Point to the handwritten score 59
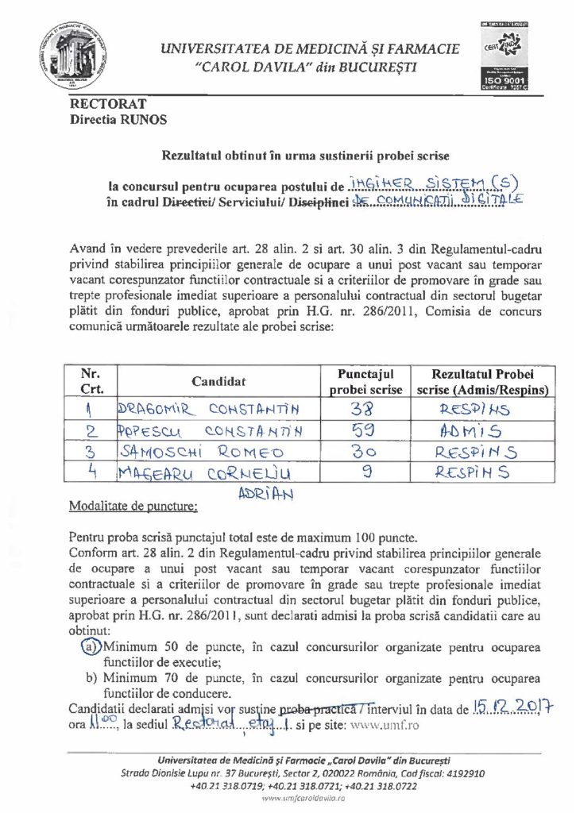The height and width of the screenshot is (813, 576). tap(361, 430)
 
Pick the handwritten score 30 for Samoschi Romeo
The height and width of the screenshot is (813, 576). tap(361, 453)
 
